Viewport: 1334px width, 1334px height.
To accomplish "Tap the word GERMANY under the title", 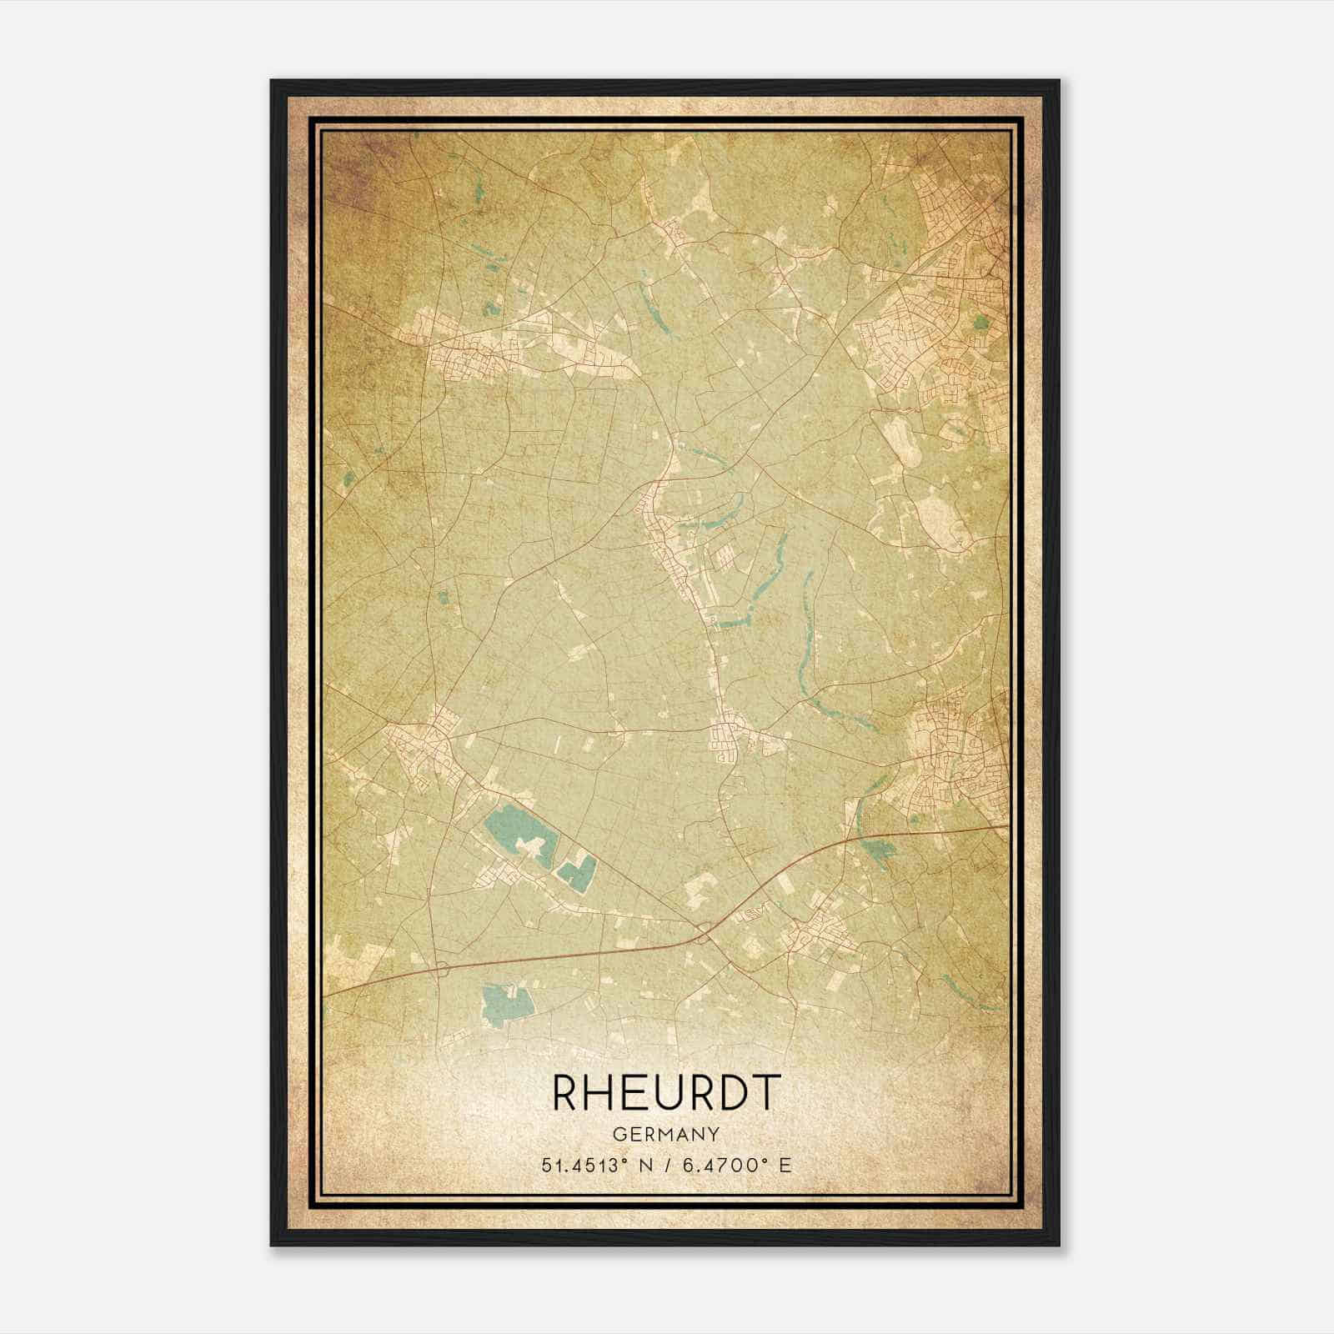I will tap(666, 1134).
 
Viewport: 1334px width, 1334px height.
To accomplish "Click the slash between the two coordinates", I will tap(667, 1165).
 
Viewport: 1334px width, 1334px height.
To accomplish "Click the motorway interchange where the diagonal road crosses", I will tap(705, 932).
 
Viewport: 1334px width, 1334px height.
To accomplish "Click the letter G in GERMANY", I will tap(619, 1134).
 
